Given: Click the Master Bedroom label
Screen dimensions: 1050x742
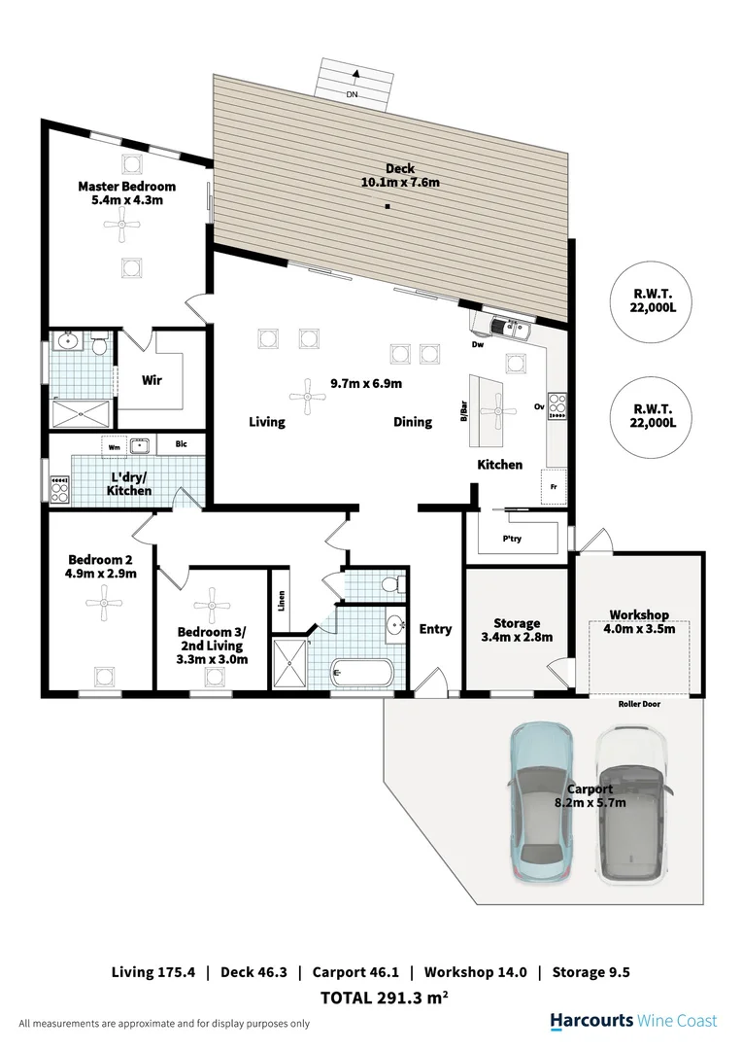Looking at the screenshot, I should click(126, 187).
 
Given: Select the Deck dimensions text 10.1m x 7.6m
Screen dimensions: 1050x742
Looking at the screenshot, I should click(401, 182).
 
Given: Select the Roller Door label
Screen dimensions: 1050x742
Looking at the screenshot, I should click(638, 704).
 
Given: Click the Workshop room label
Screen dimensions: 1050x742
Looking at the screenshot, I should click(638, 615).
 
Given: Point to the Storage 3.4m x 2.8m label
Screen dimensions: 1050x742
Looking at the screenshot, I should click(516, 630).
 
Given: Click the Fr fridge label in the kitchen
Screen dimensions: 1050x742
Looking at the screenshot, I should click(555, 486).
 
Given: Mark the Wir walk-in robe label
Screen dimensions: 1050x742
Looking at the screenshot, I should click(152, 380).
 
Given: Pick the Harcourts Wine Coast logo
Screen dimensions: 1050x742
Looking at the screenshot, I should click(633, 1021).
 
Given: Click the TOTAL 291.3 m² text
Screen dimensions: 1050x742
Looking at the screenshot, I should click(384, 997).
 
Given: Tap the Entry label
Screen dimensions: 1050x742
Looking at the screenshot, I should click(435, 629).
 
